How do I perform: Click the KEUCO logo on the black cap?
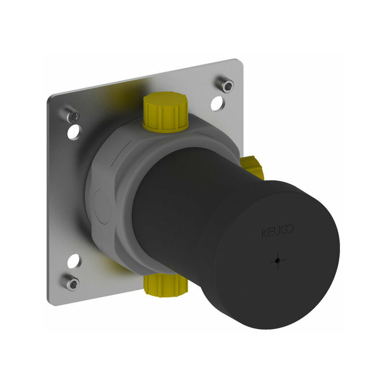pos(277,231)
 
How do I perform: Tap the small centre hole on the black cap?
pos(278,260)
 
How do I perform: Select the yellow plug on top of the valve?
pos(165,112)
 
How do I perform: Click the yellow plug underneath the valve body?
pos(165,285)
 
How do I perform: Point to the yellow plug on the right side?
pos(253,166)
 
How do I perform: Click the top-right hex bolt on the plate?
pos(224,84)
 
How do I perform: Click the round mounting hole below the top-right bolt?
pos(217,104)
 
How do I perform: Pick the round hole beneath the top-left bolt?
pos(74,132)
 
